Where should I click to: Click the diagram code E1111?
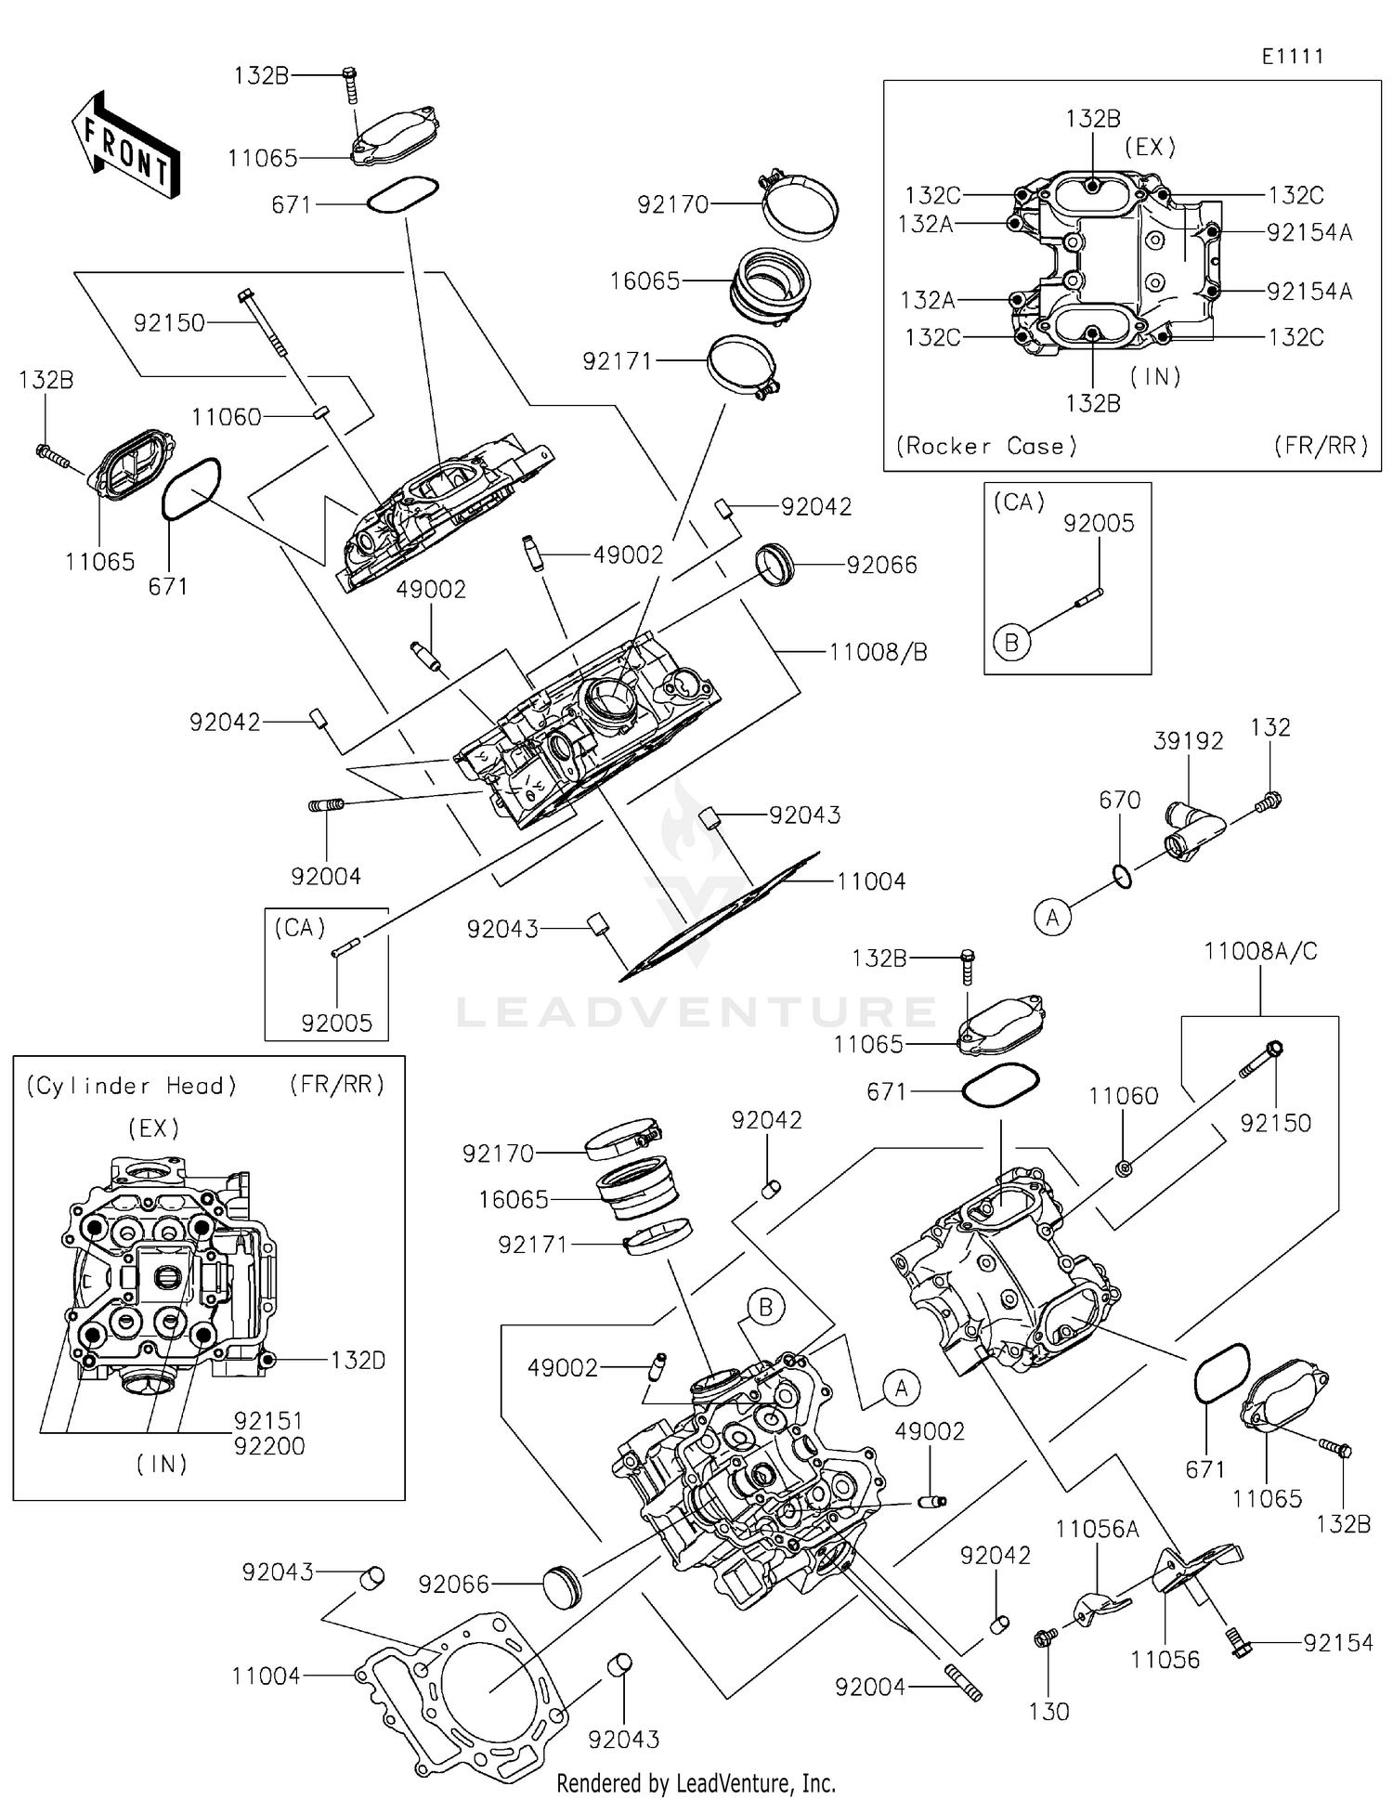pos(1292,57)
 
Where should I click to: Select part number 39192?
pos(1188,741)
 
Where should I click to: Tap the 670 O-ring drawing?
pos(1122,876)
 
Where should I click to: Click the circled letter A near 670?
pos(1052,918)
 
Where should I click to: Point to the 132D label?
pos(358,1361)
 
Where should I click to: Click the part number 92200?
pos(269,1446)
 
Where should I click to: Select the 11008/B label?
pos(878,652)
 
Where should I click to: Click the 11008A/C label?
pos(1260,951)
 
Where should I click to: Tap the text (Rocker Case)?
pos(986,447)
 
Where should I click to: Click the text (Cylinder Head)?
pos(131,1086)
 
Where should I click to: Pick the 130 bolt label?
pos(1049,1712)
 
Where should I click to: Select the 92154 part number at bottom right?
pos(1337,1643)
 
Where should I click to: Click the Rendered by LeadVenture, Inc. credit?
pos(696,1783)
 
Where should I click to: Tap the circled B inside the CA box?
pos(1011,642)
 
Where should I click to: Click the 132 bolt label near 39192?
pos(1269,727)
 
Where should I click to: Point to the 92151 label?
pos(269,1421)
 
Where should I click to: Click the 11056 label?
pos(1165,1659)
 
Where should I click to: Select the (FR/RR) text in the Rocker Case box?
pos(1321,447)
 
